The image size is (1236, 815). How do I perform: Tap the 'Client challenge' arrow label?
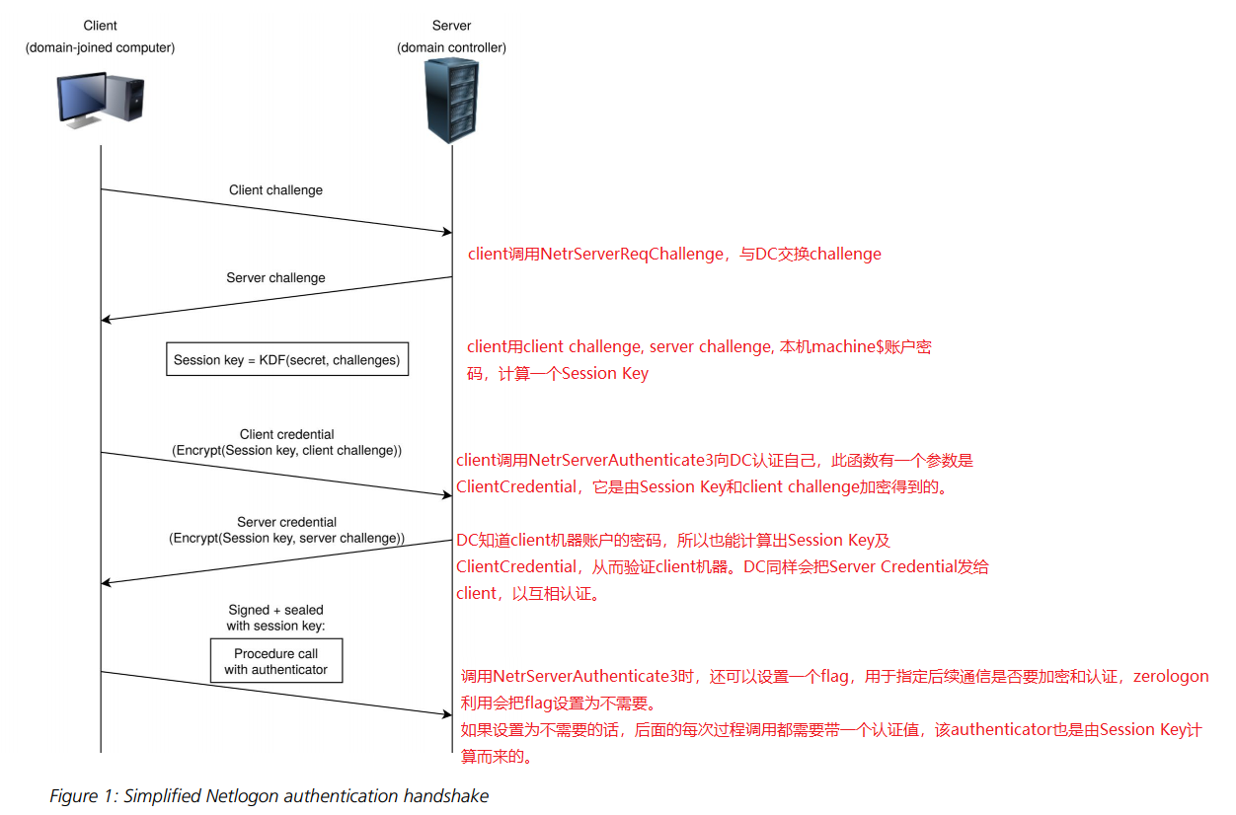275,189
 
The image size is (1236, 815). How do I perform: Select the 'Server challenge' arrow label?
275,278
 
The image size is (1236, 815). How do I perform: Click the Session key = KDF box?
286,360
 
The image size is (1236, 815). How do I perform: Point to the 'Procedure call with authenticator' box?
276,661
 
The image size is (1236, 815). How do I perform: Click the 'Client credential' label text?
286,434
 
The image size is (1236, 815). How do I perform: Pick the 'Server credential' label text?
286,522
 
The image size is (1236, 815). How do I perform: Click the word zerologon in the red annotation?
1171,677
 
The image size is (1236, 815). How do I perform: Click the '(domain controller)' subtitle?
452,47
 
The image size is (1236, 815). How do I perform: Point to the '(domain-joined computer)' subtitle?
100,47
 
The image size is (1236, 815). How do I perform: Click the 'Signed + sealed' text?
275,610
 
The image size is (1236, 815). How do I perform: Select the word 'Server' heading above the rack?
452,26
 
